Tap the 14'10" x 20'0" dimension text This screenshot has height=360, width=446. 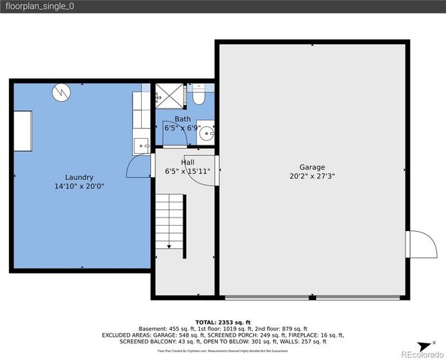(x=79, y=186)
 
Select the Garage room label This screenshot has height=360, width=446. (x=312, y=167)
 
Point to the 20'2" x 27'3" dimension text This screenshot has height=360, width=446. (x=312, y=177)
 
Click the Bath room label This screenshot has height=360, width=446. (x=182, y=119)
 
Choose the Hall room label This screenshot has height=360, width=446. (x=188, y=162)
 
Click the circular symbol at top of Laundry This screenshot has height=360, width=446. (x=61, y=92)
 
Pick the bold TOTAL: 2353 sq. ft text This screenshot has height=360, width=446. (x=222, y=321)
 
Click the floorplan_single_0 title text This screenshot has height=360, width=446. (x=41, y=6)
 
